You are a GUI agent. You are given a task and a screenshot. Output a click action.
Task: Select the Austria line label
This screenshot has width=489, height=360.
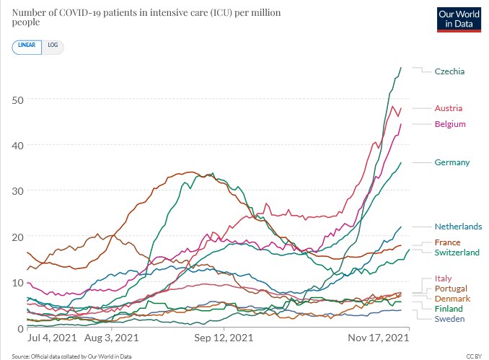(448, 108)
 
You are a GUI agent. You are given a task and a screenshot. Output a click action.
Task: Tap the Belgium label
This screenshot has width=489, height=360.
(450, 124)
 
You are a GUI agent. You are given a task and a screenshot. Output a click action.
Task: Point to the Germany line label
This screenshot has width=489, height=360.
(452, 162)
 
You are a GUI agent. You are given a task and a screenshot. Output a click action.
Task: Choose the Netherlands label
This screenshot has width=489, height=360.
(458, 227)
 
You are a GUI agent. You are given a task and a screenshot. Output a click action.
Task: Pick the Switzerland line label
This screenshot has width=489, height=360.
(457, 253)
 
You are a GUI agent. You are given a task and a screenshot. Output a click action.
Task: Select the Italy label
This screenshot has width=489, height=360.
(444, 278)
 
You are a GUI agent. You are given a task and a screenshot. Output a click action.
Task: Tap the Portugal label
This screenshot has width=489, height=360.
(451, 289)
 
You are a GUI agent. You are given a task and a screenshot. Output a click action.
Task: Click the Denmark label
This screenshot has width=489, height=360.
(452, 299)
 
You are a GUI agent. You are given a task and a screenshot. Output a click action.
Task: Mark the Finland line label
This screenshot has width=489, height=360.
(449, 309)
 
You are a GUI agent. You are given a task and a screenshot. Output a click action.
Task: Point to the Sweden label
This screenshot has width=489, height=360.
(449, 319)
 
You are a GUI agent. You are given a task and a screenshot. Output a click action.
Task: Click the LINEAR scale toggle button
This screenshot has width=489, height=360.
(27, 45)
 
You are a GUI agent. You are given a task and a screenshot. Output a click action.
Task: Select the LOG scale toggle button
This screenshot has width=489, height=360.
(53, 45)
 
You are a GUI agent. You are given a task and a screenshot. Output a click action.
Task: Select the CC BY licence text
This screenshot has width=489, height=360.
(473, 356)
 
